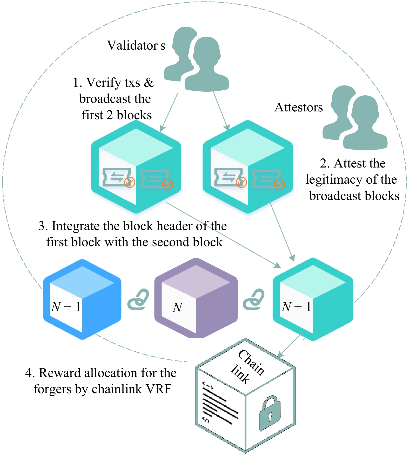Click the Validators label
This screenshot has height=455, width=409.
tap(136, 45)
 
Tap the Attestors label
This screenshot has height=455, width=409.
tap(299, 107)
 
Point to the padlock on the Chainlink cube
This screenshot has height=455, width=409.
tap(270, 413)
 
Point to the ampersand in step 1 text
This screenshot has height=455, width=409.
tap(149, 83)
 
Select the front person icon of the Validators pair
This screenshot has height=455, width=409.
tap(207, 65)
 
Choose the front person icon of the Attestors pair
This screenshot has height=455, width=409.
tap(365, 123)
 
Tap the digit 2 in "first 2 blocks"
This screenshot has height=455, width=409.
tap(110, 115)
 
